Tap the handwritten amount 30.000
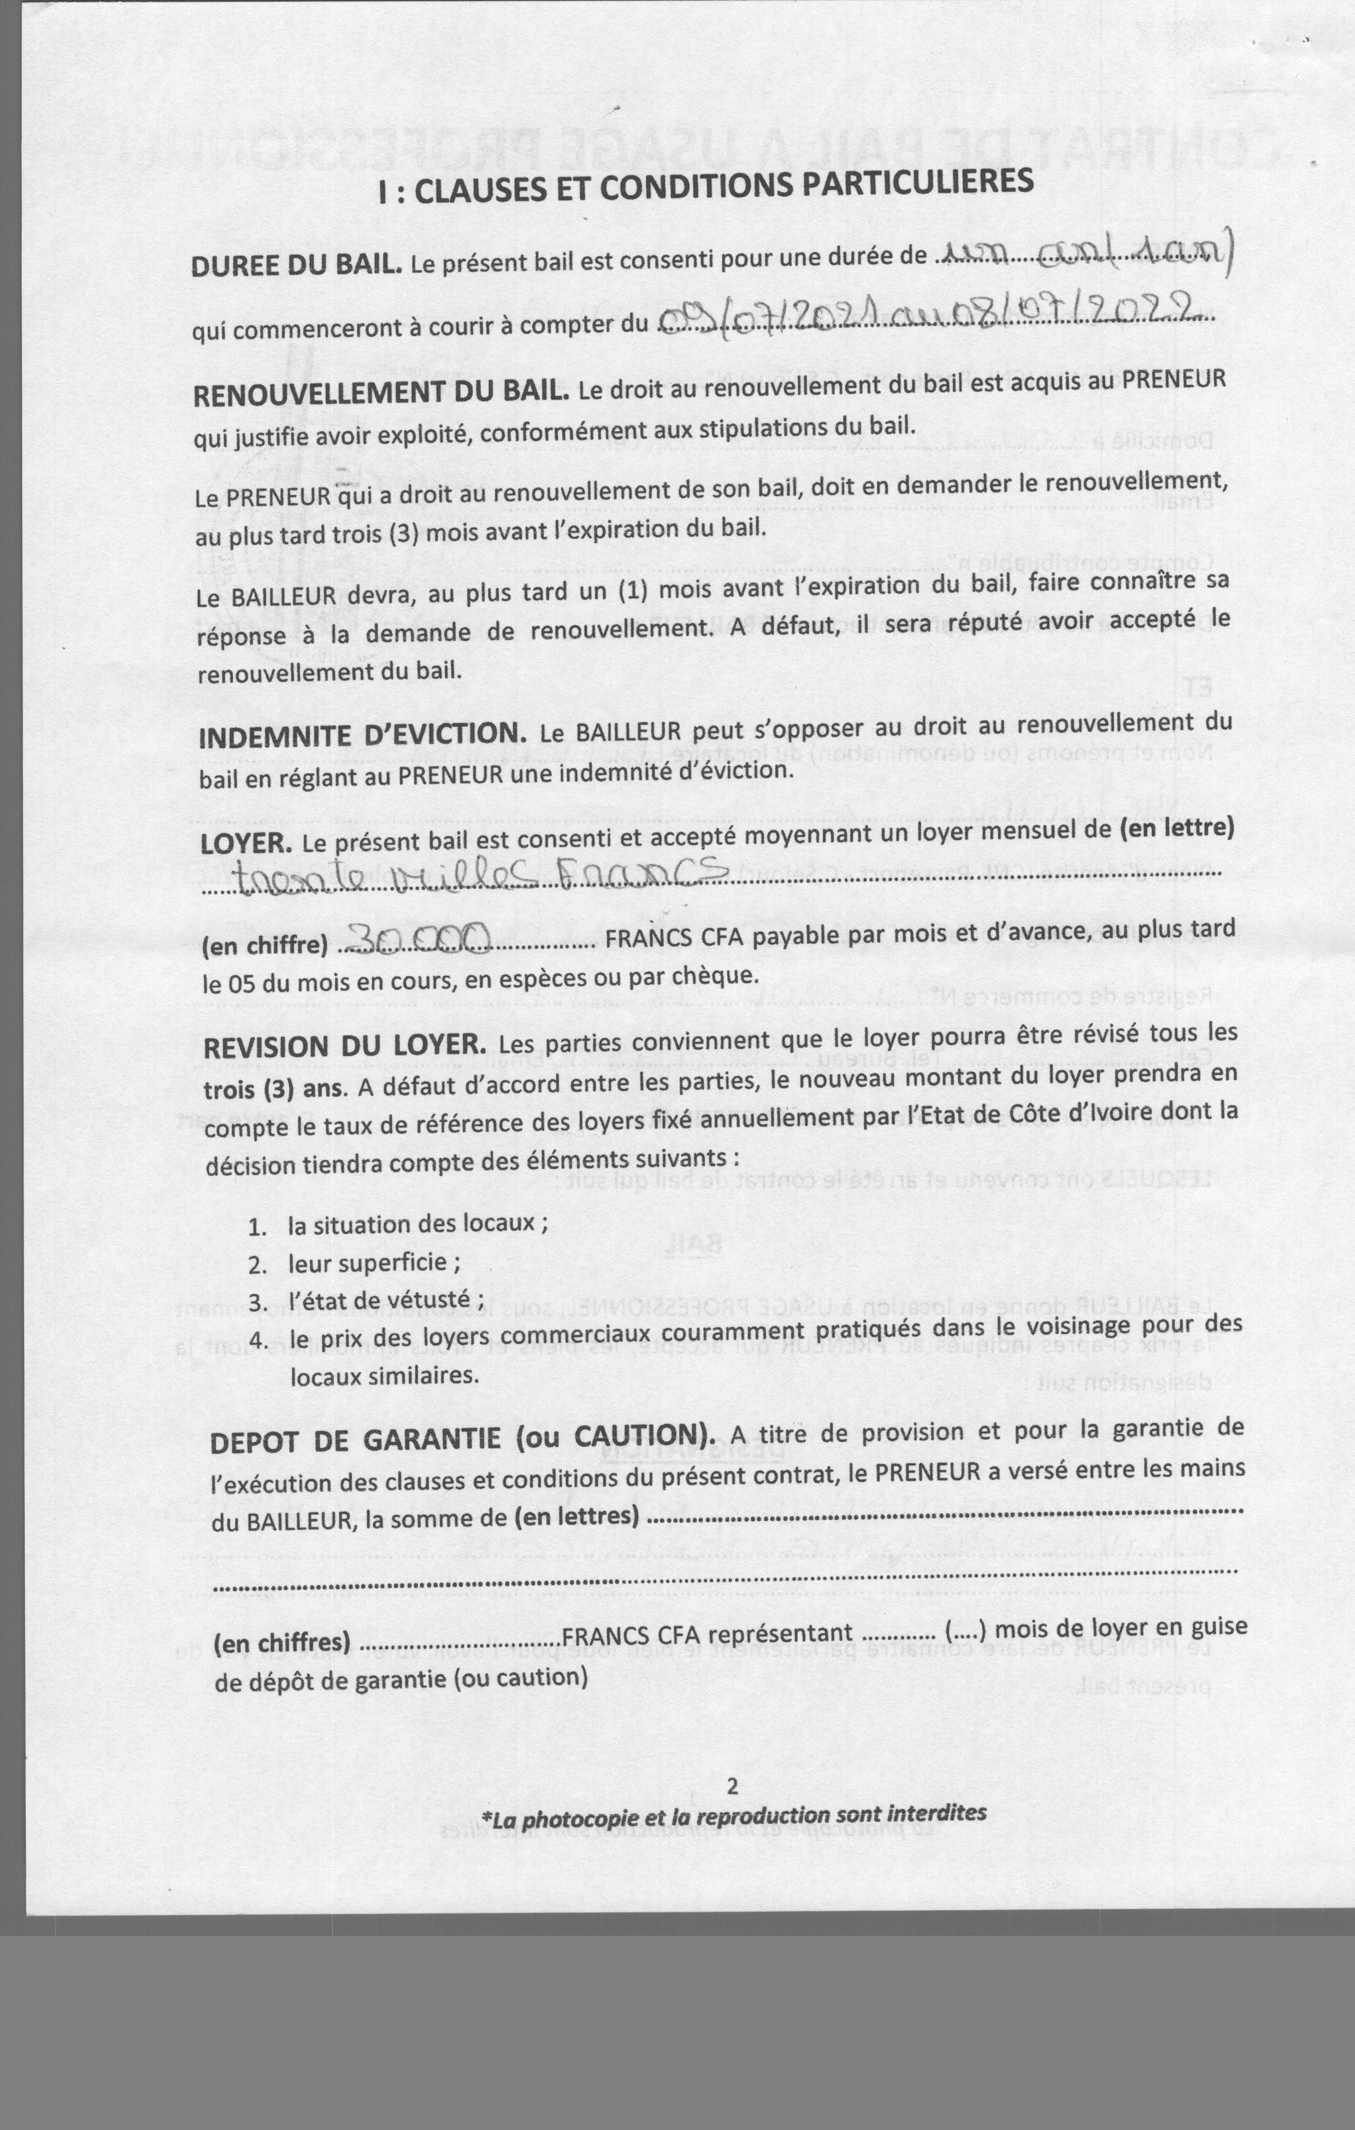[416, 940]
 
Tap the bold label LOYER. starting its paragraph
[246, 843]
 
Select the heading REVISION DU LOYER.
[345, 1047]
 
